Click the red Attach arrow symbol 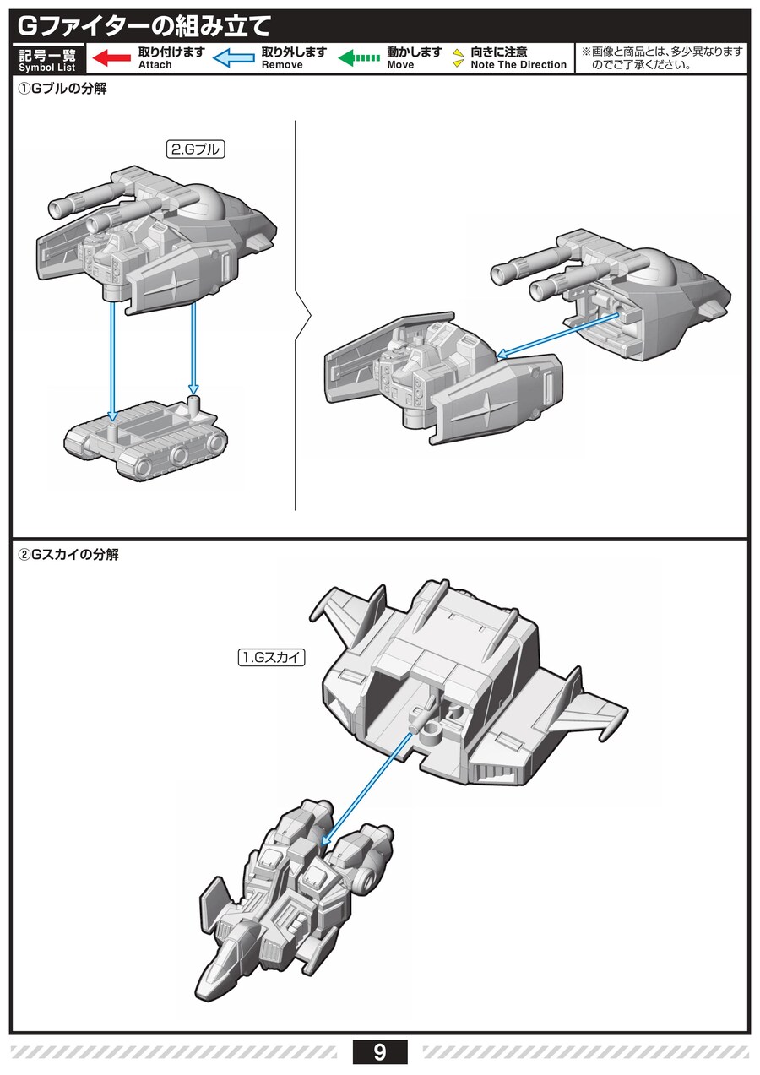(111, 57)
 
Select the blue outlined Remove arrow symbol (234, 57)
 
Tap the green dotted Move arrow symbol (360, 57)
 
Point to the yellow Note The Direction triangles (459, 57)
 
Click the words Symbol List (47, 68)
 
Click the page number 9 (379, 1052)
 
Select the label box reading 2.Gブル (195, 149)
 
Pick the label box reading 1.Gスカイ (272, 657)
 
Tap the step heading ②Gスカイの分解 (68, 555)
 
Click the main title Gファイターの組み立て (144, 26)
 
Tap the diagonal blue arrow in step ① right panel (558, 334)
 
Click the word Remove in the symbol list (282, 65)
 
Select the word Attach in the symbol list (155, 65)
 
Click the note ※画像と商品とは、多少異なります (662, 52)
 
